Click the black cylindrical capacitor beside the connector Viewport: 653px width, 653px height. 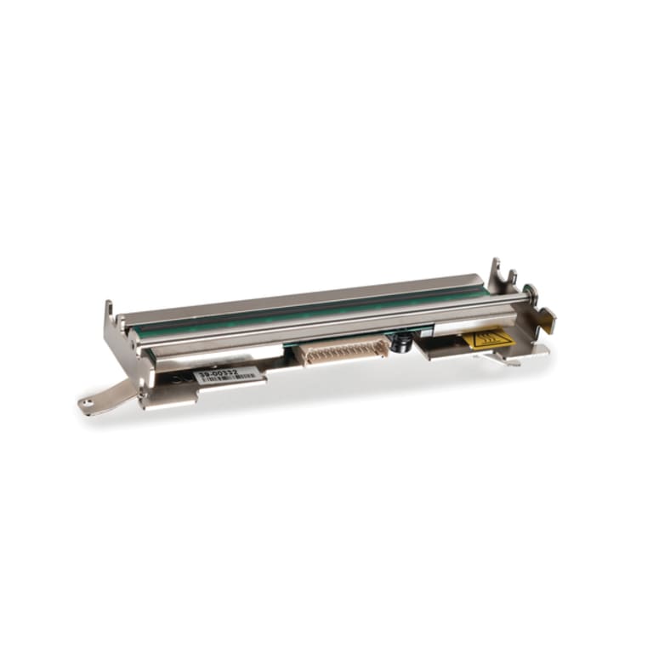click(399, 343)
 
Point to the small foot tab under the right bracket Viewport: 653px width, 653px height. click(510, 361)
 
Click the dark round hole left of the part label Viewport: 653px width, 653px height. click(175, 375)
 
